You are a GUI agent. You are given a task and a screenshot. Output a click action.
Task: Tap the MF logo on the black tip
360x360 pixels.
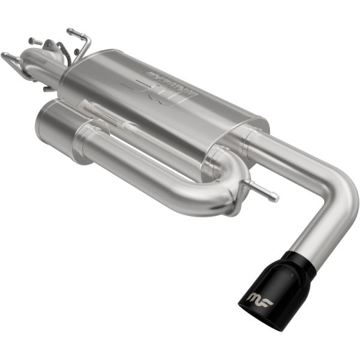click(259, 298)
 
